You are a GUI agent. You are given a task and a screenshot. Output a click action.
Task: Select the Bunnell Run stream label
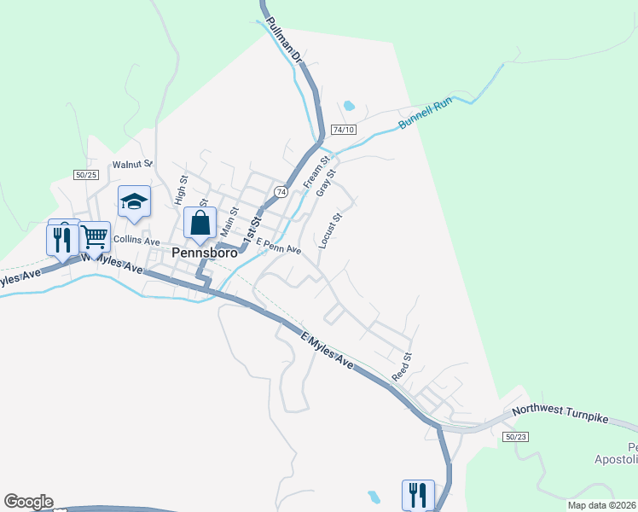[x=424, y=117]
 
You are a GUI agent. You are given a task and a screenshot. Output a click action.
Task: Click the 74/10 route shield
[x=344, y=130]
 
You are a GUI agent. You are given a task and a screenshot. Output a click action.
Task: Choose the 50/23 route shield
[x=515, y=436]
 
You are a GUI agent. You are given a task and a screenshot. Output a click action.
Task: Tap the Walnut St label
[x=132, y=164]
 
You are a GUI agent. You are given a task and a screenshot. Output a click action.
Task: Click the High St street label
[x=181, y=190]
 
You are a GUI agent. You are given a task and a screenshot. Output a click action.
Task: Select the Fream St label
[x=316, y=172]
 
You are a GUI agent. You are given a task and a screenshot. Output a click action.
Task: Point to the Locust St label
[x=330, y=230]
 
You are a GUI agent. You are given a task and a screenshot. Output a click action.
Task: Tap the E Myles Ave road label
[x=327, y=350]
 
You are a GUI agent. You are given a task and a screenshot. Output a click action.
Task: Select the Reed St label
[x=401, y=367]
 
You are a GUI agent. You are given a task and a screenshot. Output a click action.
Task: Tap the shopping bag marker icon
[x=200, y=224]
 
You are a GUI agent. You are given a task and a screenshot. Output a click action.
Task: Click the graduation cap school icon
[x=135, y=201]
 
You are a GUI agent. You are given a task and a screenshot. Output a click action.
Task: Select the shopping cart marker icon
[x=95, y=236]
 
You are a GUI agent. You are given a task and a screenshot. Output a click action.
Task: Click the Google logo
[x=28, y=502]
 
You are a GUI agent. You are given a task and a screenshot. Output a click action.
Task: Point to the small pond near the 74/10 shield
[x=348, y=107]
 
